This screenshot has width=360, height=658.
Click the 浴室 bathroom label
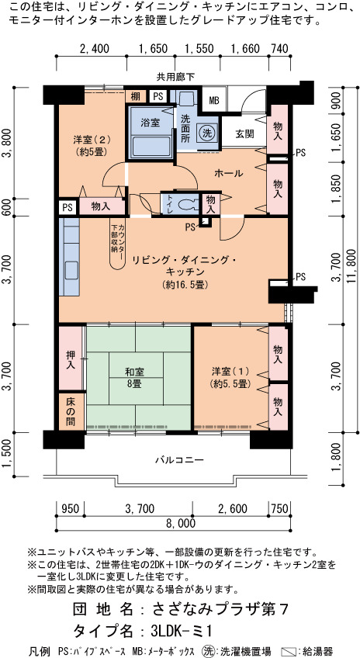(150, 123)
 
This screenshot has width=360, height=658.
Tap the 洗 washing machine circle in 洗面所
(206, 133)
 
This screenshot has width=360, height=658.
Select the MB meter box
(214, 101)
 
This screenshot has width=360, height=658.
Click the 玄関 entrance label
(244, 134)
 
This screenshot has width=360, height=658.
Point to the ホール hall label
(228, 173)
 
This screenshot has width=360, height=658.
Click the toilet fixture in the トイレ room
(187, 204)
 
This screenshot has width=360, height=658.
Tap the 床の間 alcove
(71, 412)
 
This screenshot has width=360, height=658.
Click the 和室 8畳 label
(135, 377)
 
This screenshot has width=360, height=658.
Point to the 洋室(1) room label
(230, 376)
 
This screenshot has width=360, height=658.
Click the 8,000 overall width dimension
(181, 522)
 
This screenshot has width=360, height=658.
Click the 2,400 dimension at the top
(94, 49)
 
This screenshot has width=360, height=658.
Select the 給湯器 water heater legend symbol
(289, 652)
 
